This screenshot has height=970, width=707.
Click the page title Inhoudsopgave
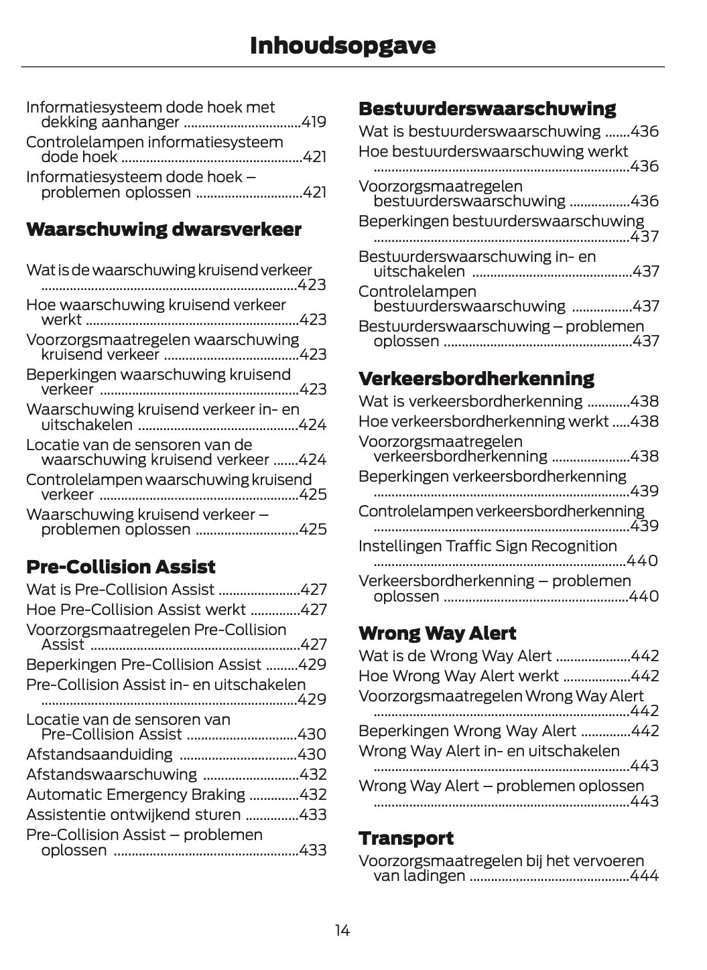coord(342,46)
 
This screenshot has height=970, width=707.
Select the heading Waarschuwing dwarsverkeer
coord(164,229)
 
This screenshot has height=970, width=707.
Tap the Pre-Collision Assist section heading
coord(121,567)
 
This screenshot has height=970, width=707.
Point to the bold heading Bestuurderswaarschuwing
coord(487,109)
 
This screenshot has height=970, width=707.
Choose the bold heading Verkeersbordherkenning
coord(476,378)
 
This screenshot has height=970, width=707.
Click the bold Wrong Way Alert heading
coord(437,633)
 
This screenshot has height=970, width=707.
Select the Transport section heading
coord(405,838)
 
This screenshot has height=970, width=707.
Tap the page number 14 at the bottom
coord(342,930)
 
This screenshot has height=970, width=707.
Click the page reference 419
coord(314,122)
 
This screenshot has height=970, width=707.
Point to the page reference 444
coord(645,876)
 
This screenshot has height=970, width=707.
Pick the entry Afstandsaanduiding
coord(99,754)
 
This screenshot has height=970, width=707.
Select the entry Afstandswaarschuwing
coord(111,774)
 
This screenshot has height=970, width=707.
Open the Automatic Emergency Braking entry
coord(135,794)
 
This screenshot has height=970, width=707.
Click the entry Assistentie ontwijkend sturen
coord(133,815)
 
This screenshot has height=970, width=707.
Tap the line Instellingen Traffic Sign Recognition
coord(487,546)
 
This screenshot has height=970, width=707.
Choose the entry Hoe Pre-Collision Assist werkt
coord(136,610)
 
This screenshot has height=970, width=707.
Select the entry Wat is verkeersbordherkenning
coord(470,401)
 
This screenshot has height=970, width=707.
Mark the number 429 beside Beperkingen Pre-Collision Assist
coord(314,665)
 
